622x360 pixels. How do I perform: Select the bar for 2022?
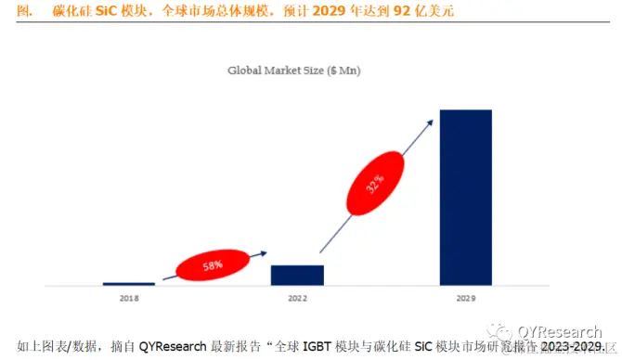[297, 275]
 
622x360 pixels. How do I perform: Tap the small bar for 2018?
[128, 283]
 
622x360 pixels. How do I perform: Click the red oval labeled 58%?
[213, 265]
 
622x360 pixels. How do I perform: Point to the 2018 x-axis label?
[128, 299]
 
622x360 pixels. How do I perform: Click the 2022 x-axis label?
[297, 299]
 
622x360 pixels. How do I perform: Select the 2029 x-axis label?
[465, 299]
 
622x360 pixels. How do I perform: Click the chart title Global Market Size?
[296, 70]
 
